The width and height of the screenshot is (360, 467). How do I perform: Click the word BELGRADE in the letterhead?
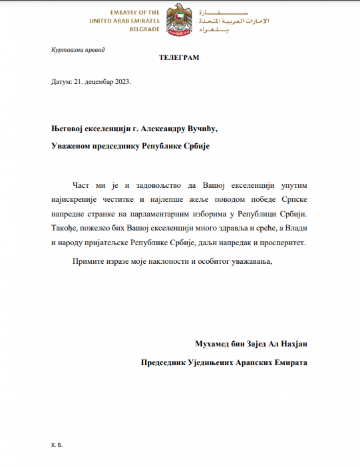[x=144, y=29]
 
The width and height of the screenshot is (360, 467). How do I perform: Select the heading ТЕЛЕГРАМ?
[x=179, y=58]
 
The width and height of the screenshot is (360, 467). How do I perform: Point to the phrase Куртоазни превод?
[x=78, y=50]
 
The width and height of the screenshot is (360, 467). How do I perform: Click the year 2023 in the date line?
[x=122, y=82]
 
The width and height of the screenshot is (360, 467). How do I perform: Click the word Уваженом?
[x=69, y=146]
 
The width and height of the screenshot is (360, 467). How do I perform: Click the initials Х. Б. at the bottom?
[x=57, y=445]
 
